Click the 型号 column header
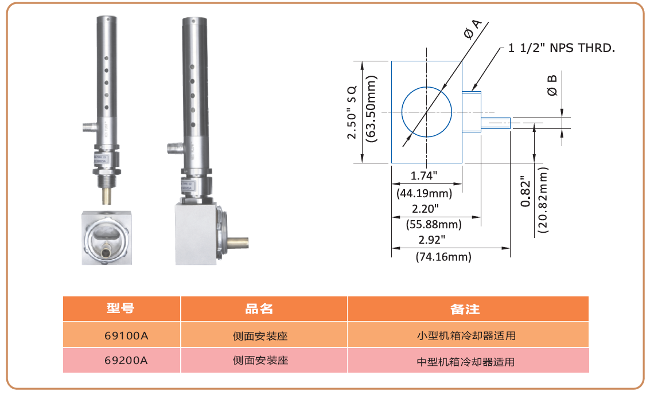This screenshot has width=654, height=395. (121, 309)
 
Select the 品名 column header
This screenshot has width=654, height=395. (260, 309)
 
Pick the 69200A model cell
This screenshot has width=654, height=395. (121, 361)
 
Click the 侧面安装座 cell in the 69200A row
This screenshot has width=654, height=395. (260, 361)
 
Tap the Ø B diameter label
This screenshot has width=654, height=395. (552, 85)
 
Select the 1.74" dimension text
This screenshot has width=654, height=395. (425, 174)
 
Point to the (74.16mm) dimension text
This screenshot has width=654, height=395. (443, 257)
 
